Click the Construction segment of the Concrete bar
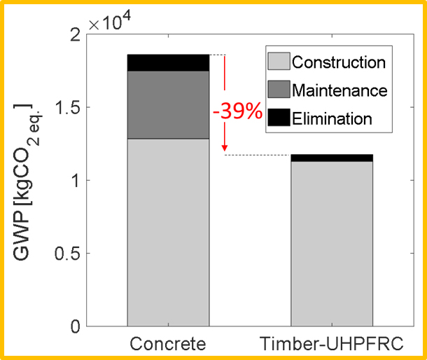coord(168,231)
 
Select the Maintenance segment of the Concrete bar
coord(168,104)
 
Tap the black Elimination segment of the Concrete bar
coord(168,62)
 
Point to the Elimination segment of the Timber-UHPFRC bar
coord(332,158)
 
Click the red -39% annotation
coord(235,113)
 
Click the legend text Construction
coord(339,62)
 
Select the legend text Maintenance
coord(339,90)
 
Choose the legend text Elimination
coord(332,118)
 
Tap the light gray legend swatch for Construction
coord(278,62)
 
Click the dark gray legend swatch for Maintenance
coord(278,90)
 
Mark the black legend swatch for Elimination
coord(278,118)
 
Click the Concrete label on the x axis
coord(168,344)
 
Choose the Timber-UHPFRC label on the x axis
coord(332,344)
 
